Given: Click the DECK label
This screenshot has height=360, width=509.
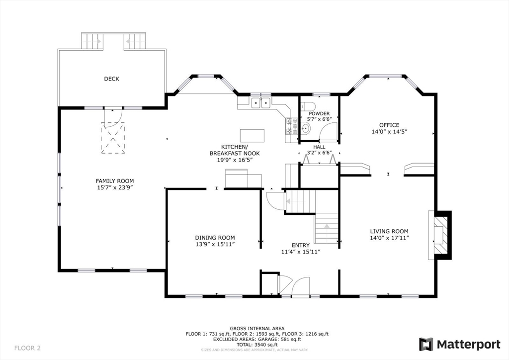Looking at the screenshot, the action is [111, 79].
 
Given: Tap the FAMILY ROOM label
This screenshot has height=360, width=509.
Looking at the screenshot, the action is [115, 181].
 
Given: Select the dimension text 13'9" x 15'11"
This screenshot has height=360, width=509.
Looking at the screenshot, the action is [215, 244].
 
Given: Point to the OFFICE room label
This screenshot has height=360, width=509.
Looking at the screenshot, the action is [389, 125].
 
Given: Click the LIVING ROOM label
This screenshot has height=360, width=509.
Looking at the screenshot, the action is [389, 231].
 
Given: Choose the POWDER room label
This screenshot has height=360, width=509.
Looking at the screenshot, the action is [319, 113].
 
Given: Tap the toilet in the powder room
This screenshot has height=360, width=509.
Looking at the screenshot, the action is [308, 106].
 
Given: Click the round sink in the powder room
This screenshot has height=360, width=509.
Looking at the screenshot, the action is [306, 128].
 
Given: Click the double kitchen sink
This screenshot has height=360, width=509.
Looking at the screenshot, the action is [261, 103].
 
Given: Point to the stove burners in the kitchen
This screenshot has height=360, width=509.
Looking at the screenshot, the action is [291, 126].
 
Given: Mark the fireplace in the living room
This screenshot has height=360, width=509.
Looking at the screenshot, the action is [440, 235].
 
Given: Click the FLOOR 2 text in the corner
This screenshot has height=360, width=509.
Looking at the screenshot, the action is [28, 348].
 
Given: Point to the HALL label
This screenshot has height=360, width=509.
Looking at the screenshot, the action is [319, 147].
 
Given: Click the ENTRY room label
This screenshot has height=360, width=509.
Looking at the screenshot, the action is [301, 246].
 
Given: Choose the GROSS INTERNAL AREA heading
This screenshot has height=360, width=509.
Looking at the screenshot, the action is [257, 329].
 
